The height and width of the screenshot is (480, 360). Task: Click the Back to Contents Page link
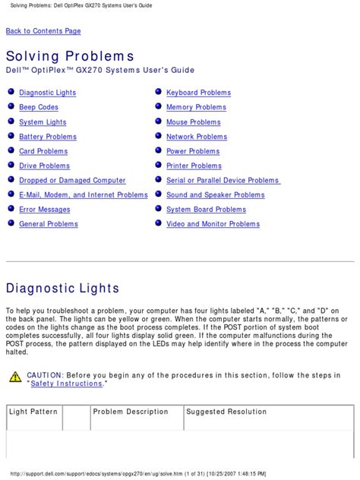click(43, 31)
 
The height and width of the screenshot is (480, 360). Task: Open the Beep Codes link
click(39, 108)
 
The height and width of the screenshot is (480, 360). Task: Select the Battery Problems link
click(48, 137)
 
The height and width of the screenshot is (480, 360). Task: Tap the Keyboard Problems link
click(198, 93)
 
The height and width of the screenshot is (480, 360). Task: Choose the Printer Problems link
click(194, 166)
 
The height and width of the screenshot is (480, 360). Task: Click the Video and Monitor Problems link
click(213, 224)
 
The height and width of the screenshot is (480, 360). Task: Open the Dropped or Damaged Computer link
click(72, 181)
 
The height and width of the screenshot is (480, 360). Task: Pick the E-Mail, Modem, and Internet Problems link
click(84, 195)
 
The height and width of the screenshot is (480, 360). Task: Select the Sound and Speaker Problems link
click(216, 195)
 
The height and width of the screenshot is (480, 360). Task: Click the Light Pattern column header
click(33, 412)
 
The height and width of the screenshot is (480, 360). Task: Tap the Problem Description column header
click(131, 412)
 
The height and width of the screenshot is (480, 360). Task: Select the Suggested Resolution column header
click(226, 412)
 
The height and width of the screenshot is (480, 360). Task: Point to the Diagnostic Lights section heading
click(62, 289)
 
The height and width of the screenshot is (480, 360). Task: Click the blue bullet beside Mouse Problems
click(158, 122)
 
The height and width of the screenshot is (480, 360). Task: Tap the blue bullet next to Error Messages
click(11, 210)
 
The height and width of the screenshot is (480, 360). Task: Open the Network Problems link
click(197, 137)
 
